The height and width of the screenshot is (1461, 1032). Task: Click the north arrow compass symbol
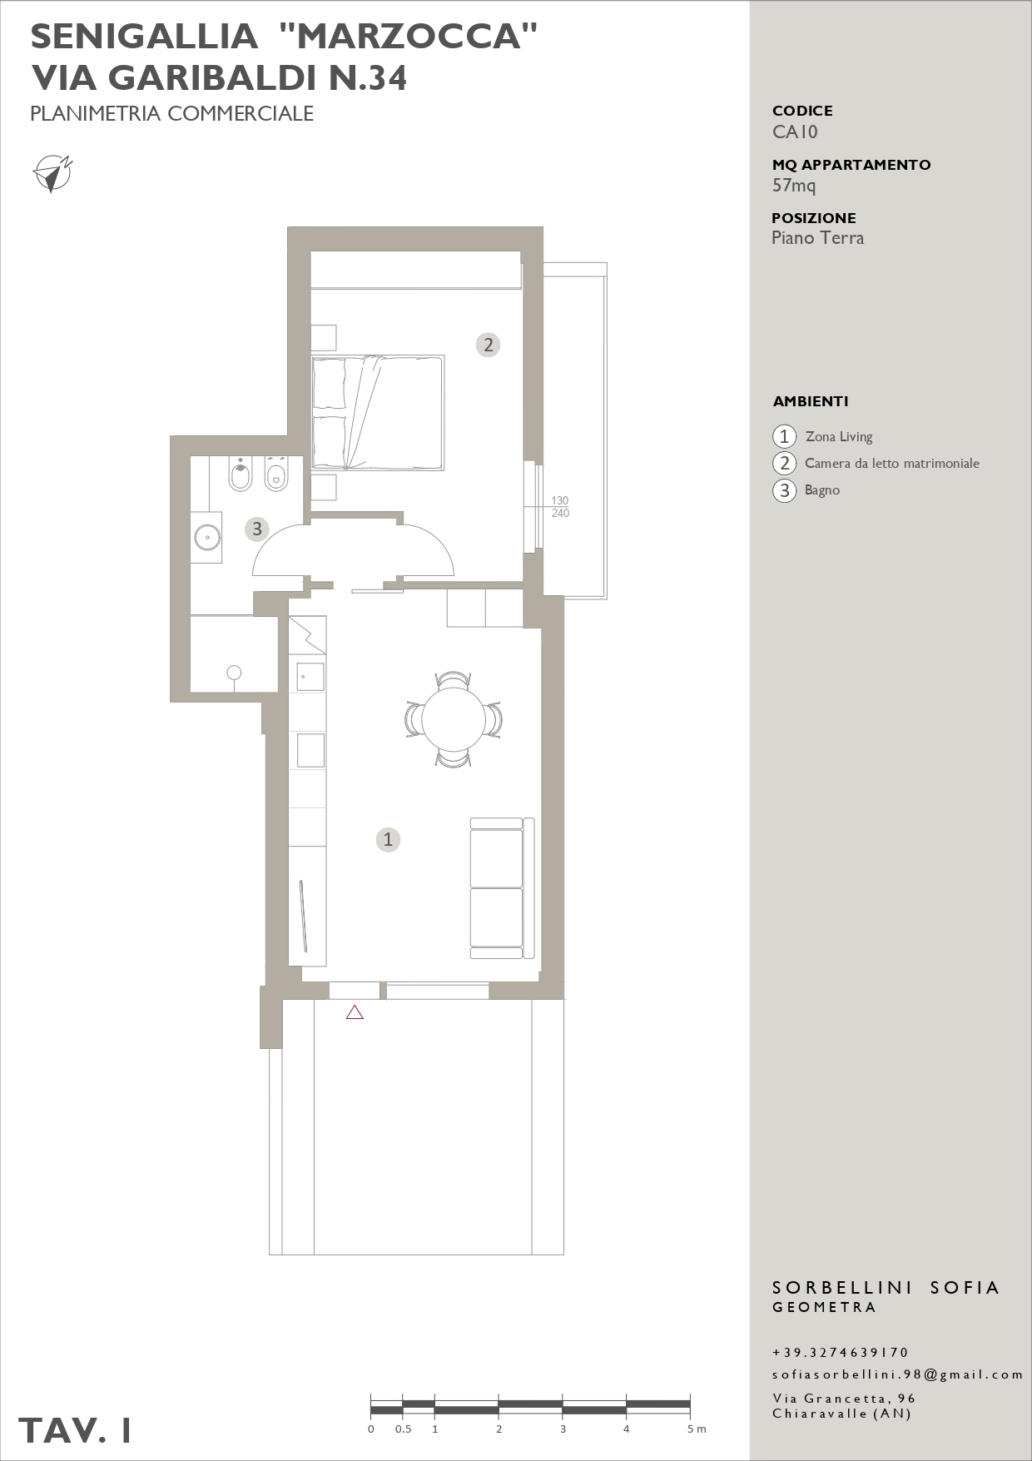coord(52,173)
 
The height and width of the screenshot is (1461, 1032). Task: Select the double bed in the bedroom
coord(378,412)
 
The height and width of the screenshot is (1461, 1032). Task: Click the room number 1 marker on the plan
coord(388,839)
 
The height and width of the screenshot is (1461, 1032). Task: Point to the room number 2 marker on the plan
coord(489,345)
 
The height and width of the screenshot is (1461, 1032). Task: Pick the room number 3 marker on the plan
coord(257,529)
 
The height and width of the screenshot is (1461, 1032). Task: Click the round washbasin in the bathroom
coord(206,537)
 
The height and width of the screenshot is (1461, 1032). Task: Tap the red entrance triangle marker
coord(355,1012)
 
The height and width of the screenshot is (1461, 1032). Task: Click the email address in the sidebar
coord(897,1374)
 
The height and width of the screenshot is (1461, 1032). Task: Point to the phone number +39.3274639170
coord(841,1353)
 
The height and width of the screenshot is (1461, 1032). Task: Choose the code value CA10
coord(795,132)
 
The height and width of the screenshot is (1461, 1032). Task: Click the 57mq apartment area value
coord(794,186)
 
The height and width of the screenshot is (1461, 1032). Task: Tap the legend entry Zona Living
coord(839,436)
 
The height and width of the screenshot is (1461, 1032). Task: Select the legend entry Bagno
coord(822,490)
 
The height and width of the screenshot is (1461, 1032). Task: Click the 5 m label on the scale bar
coord(697,1429)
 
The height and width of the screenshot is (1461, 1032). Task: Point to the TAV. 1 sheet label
coord(75,1430)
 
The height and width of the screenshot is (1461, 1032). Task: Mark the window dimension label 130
coord(560,501)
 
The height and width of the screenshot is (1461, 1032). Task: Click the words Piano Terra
coord(817,238)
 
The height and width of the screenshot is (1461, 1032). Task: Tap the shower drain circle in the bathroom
coord(234,673)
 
